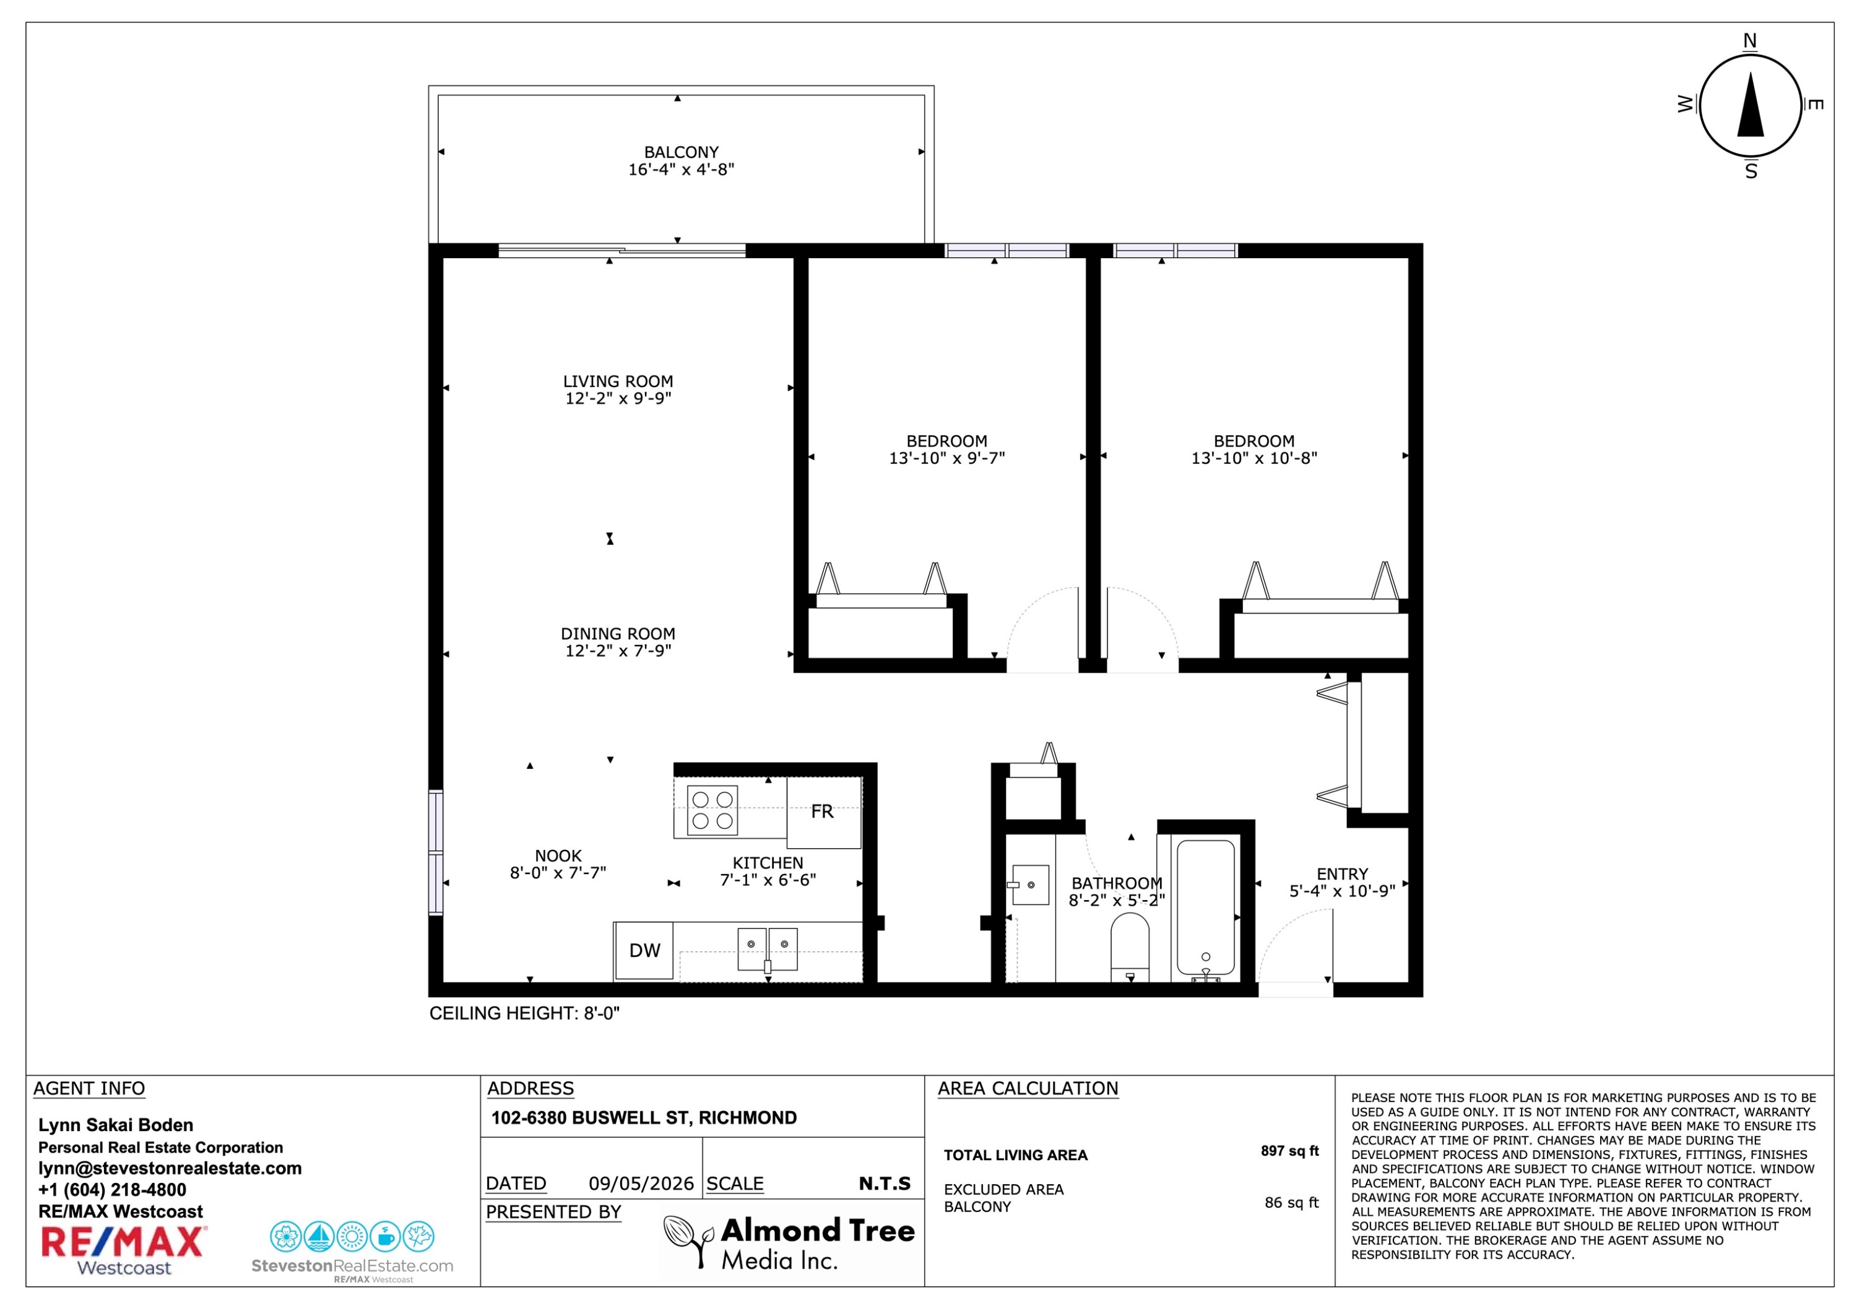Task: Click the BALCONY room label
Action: (681, 152)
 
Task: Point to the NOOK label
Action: (558, 856)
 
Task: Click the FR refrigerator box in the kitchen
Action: (823, 812)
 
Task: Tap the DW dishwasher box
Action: (644, 951)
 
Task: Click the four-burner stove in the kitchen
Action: (712, 810)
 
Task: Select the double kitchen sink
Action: (768, 950)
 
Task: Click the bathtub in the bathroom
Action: (1205, 907)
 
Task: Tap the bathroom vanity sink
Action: (1029, 885)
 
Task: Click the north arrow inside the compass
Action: (1751, 105)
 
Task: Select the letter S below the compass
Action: (1751, 171)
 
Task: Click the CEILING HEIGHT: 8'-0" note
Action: (524, 1013)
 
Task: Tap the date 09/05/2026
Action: (641, 1184)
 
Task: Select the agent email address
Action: (170, 1168)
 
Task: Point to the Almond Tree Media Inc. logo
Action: (789, 1244)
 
